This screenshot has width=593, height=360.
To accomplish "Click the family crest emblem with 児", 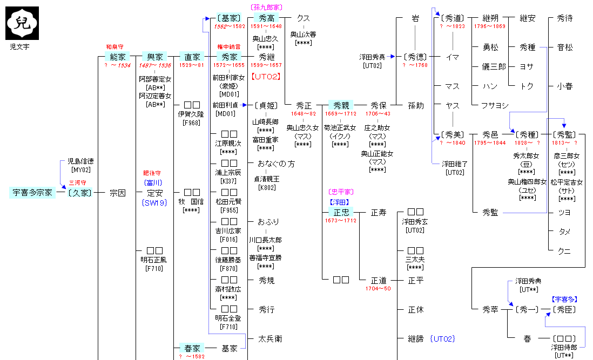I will (x=22, y=23).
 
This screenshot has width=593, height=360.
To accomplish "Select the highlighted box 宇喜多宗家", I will (x=32, y=193).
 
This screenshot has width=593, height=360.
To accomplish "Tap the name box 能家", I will (x=117, y=57).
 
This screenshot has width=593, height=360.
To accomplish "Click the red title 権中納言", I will (x=229, y=47).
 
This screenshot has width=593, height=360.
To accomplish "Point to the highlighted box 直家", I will (x=192, y=57).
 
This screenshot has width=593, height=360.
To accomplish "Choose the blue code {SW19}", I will (x=154, y=202).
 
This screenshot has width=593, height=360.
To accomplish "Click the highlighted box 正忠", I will (x=341, y=212).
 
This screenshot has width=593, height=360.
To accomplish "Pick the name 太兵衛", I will (x=270, y=339).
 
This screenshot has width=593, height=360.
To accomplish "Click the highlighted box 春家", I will (x=192, y=349).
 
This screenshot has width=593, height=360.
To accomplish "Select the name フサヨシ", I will (x=490, y=106).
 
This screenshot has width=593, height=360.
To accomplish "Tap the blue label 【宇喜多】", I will (x=564, y=298).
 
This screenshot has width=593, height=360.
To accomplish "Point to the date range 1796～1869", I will (x=490, y=26).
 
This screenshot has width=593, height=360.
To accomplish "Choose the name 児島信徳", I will (x=80, y=161).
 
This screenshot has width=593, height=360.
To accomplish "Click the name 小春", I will (x=564, y=86).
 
